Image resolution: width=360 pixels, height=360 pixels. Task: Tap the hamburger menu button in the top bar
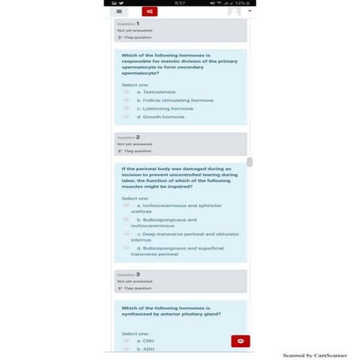point(119,12)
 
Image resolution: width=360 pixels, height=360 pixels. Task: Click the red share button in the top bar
point(149,12)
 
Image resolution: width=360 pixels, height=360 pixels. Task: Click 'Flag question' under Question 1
point(136,37)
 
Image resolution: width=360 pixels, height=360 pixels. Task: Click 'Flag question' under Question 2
point(136,150)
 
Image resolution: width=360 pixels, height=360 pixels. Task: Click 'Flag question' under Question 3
point(136,288)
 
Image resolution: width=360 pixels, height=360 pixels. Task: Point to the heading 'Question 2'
point(130,137)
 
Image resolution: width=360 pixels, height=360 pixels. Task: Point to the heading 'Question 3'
point(130,274)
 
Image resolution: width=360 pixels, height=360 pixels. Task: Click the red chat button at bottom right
point(240,341)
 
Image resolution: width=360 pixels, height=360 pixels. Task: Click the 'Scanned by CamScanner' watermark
point(315,355)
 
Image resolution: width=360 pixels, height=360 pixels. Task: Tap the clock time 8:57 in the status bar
point(180,3)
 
